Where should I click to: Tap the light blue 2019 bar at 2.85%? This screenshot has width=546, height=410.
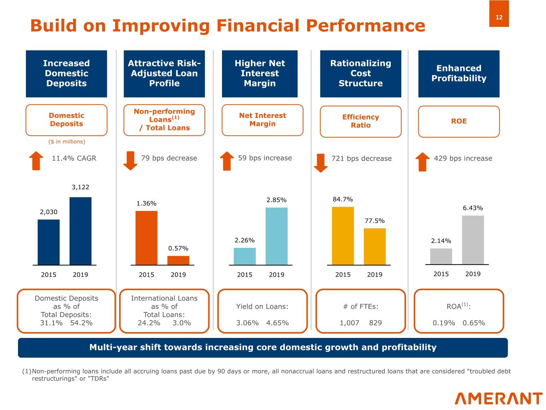click(x=276, y=236)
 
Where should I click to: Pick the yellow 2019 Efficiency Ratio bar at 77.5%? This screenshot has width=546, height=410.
click(x=375, y=246)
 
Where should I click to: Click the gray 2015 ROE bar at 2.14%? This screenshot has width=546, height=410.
click(x=441, y=256)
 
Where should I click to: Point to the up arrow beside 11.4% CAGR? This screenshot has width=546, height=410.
click(x=36, y=161)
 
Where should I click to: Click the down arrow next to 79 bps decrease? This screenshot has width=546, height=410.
click(x=130, y=161)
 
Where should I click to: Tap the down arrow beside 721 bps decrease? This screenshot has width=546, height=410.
click(x=321, y=163)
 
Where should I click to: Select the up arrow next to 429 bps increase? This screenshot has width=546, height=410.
click(x=422, y=162)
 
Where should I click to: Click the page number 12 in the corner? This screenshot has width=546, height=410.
click(x=499, y=17)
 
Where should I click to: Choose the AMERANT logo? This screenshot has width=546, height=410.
click(x=498, y=398)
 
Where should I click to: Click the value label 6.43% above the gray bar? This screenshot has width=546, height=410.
click(x=473, y=208)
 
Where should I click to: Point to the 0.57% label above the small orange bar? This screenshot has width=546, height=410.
click(x=178, y=248)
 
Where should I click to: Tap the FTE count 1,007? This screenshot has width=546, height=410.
click(x=349, y=323)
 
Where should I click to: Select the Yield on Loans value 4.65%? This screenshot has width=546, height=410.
click(x=277, y=323)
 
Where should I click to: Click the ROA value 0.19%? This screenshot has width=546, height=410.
click(x=444, y=323)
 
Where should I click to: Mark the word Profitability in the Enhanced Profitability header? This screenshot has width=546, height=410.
click(x=459, y=78)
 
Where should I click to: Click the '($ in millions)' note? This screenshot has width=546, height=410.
click(x=66, y=142)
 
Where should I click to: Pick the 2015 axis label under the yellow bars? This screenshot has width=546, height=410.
click(x=343, y=275)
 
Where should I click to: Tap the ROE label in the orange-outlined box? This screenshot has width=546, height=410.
click(x=459, y=121)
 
